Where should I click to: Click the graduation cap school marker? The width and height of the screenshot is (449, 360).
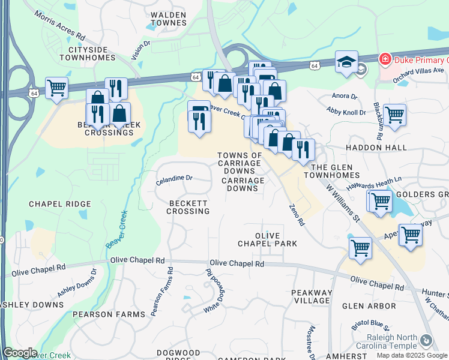point(346,62)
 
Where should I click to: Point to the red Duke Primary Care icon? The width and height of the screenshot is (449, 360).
point(384,59)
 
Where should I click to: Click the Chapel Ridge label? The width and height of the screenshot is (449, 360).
point(60,204)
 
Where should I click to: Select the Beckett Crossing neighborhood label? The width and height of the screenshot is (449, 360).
point(188,207)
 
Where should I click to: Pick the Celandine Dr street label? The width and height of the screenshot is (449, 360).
point(173,178)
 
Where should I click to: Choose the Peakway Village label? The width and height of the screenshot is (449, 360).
point(311,296)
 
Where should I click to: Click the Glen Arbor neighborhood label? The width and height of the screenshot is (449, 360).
point(369,306)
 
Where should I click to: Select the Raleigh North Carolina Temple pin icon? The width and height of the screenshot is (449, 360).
point(426,340)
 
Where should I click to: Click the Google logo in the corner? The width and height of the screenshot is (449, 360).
point(20,353)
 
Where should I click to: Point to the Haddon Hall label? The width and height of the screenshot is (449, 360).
point(376,148)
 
